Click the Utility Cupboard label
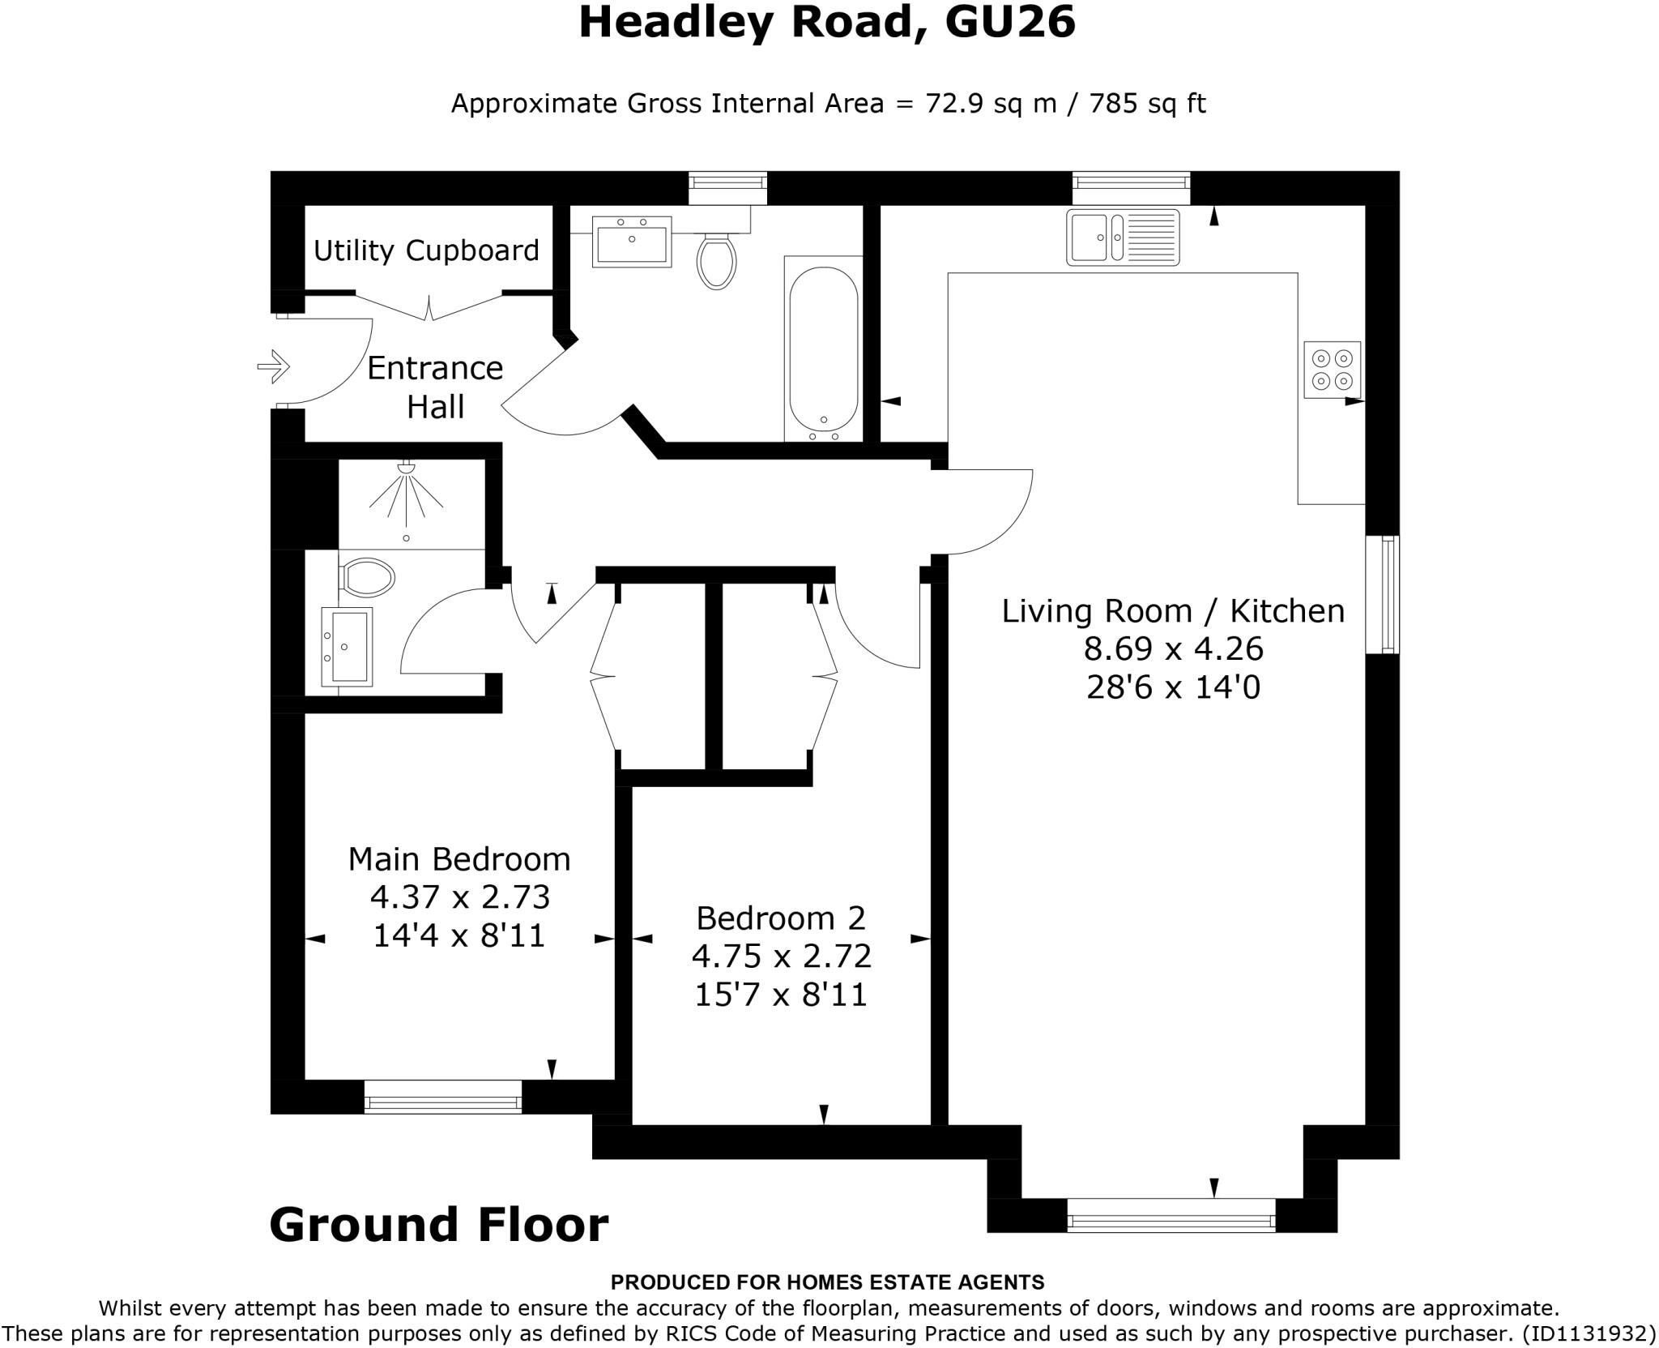(x=426, y=250)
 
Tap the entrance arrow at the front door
(x=274, y=366)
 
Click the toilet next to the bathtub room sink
(x=716, y=259)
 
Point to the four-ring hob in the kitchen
(x=1332, y=370)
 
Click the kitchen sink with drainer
(x=1123, y=238)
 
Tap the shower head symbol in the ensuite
(x=407, y=468)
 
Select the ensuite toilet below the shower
(x=367, y=578)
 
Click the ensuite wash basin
(x=348, y=646)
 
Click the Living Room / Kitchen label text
(x=1173, y=610)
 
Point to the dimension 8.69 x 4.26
(x=1173, y=648)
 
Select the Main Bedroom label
(x=459, y=859)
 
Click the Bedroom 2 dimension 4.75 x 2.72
(x=781, y=956)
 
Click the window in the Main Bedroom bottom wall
(x=443, y=1102)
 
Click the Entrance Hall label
(x=435, y=387)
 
